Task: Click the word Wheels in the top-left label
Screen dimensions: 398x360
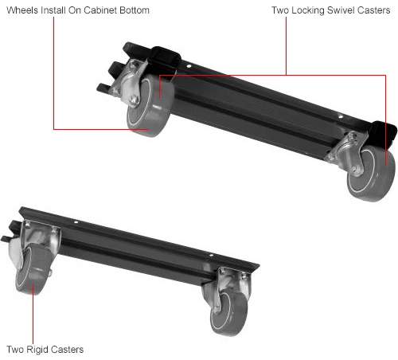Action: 22,10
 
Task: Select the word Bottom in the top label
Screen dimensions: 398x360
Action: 135,10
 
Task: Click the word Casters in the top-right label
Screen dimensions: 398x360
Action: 373,10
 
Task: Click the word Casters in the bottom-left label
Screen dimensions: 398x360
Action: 68,350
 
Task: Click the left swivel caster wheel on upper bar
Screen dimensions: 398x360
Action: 150,105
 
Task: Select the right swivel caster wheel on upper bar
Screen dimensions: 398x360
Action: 372,173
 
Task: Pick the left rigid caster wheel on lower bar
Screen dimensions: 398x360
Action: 31,269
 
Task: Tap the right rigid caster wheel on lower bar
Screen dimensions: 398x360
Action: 228,313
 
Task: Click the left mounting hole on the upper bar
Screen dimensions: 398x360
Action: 189,66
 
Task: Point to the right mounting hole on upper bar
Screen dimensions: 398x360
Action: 341,116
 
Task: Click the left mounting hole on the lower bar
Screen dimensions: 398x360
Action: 76,221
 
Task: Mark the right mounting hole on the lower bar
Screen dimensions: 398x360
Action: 211,255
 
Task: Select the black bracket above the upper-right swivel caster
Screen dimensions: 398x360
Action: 382,134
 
